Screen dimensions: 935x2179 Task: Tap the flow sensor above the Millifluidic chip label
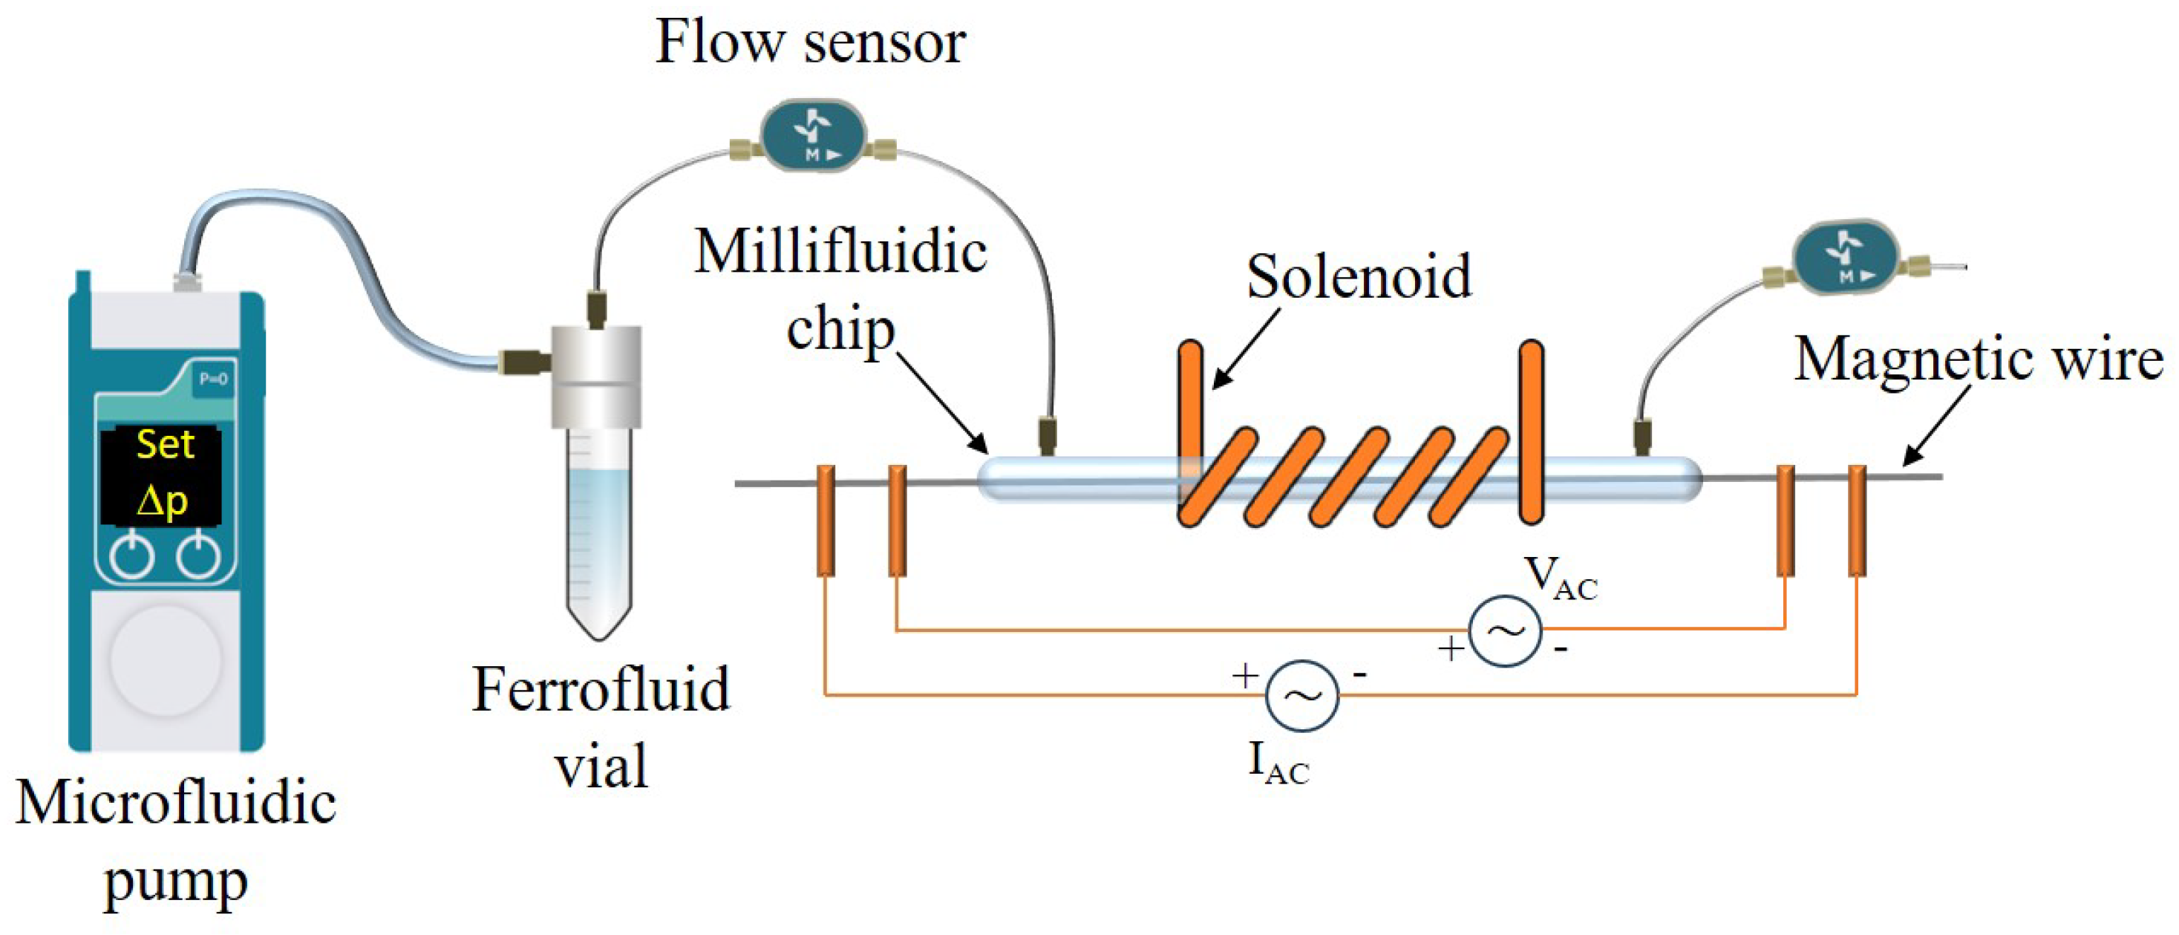814,135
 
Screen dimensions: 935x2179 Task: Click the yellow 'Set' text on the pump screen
165,445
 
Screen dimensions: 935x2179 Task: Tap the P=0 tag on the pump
212,379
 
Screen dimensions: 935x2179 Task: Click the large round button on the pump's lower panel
166,659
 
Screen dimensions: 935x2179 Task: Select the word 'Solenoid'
1359,277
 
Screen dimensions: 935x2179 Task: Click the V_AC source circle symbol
1505,631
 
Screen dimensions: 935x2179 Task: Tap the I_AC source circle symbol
1301,696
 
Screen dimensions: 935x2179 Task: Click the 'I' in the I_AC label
1257,759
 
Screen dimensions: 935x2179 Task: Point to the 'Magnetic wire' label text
1978,359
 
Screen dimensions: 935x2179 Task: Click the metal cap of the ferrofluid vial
596,377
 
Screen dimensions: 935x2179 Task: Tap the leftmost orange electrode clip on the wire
826,521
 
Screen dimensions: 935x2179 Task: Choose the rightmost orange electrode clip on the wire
1857,521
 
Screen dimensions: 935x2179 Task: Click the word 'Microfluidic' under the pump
175,802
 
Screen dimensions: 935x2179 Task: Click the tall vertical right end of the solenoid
1531,431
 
